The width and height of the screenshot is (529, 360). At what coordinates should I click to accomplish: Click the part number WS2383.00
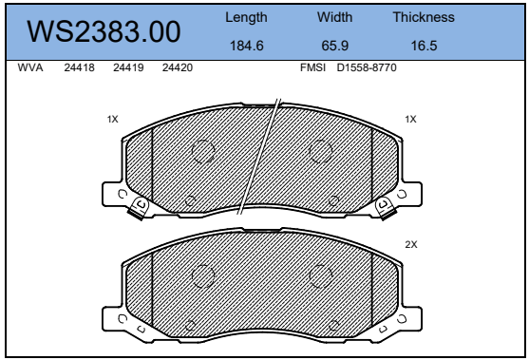104,31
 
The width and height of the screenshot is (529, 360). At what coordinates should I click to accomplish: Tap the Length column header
246,17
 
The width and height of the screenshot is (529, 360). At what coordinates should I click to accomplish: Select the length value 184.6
246,46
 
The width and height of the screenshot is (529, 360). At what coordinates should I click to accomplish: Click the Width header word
334,17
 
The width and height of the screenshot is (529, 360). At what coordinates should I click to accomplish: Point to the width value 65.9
334,46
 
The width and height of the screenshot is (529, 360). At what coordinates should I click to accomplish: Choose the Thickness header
424,17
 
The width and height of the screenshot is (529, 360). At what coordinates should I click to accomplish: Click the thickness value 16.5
424,46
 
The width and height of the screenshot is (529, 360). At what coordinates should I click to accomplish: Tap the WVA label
30,67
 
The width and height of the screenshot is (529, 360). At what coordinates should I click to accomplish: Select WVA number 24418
79,67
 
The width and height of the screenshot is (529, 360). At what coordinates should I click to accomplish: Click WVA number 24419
128,67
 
